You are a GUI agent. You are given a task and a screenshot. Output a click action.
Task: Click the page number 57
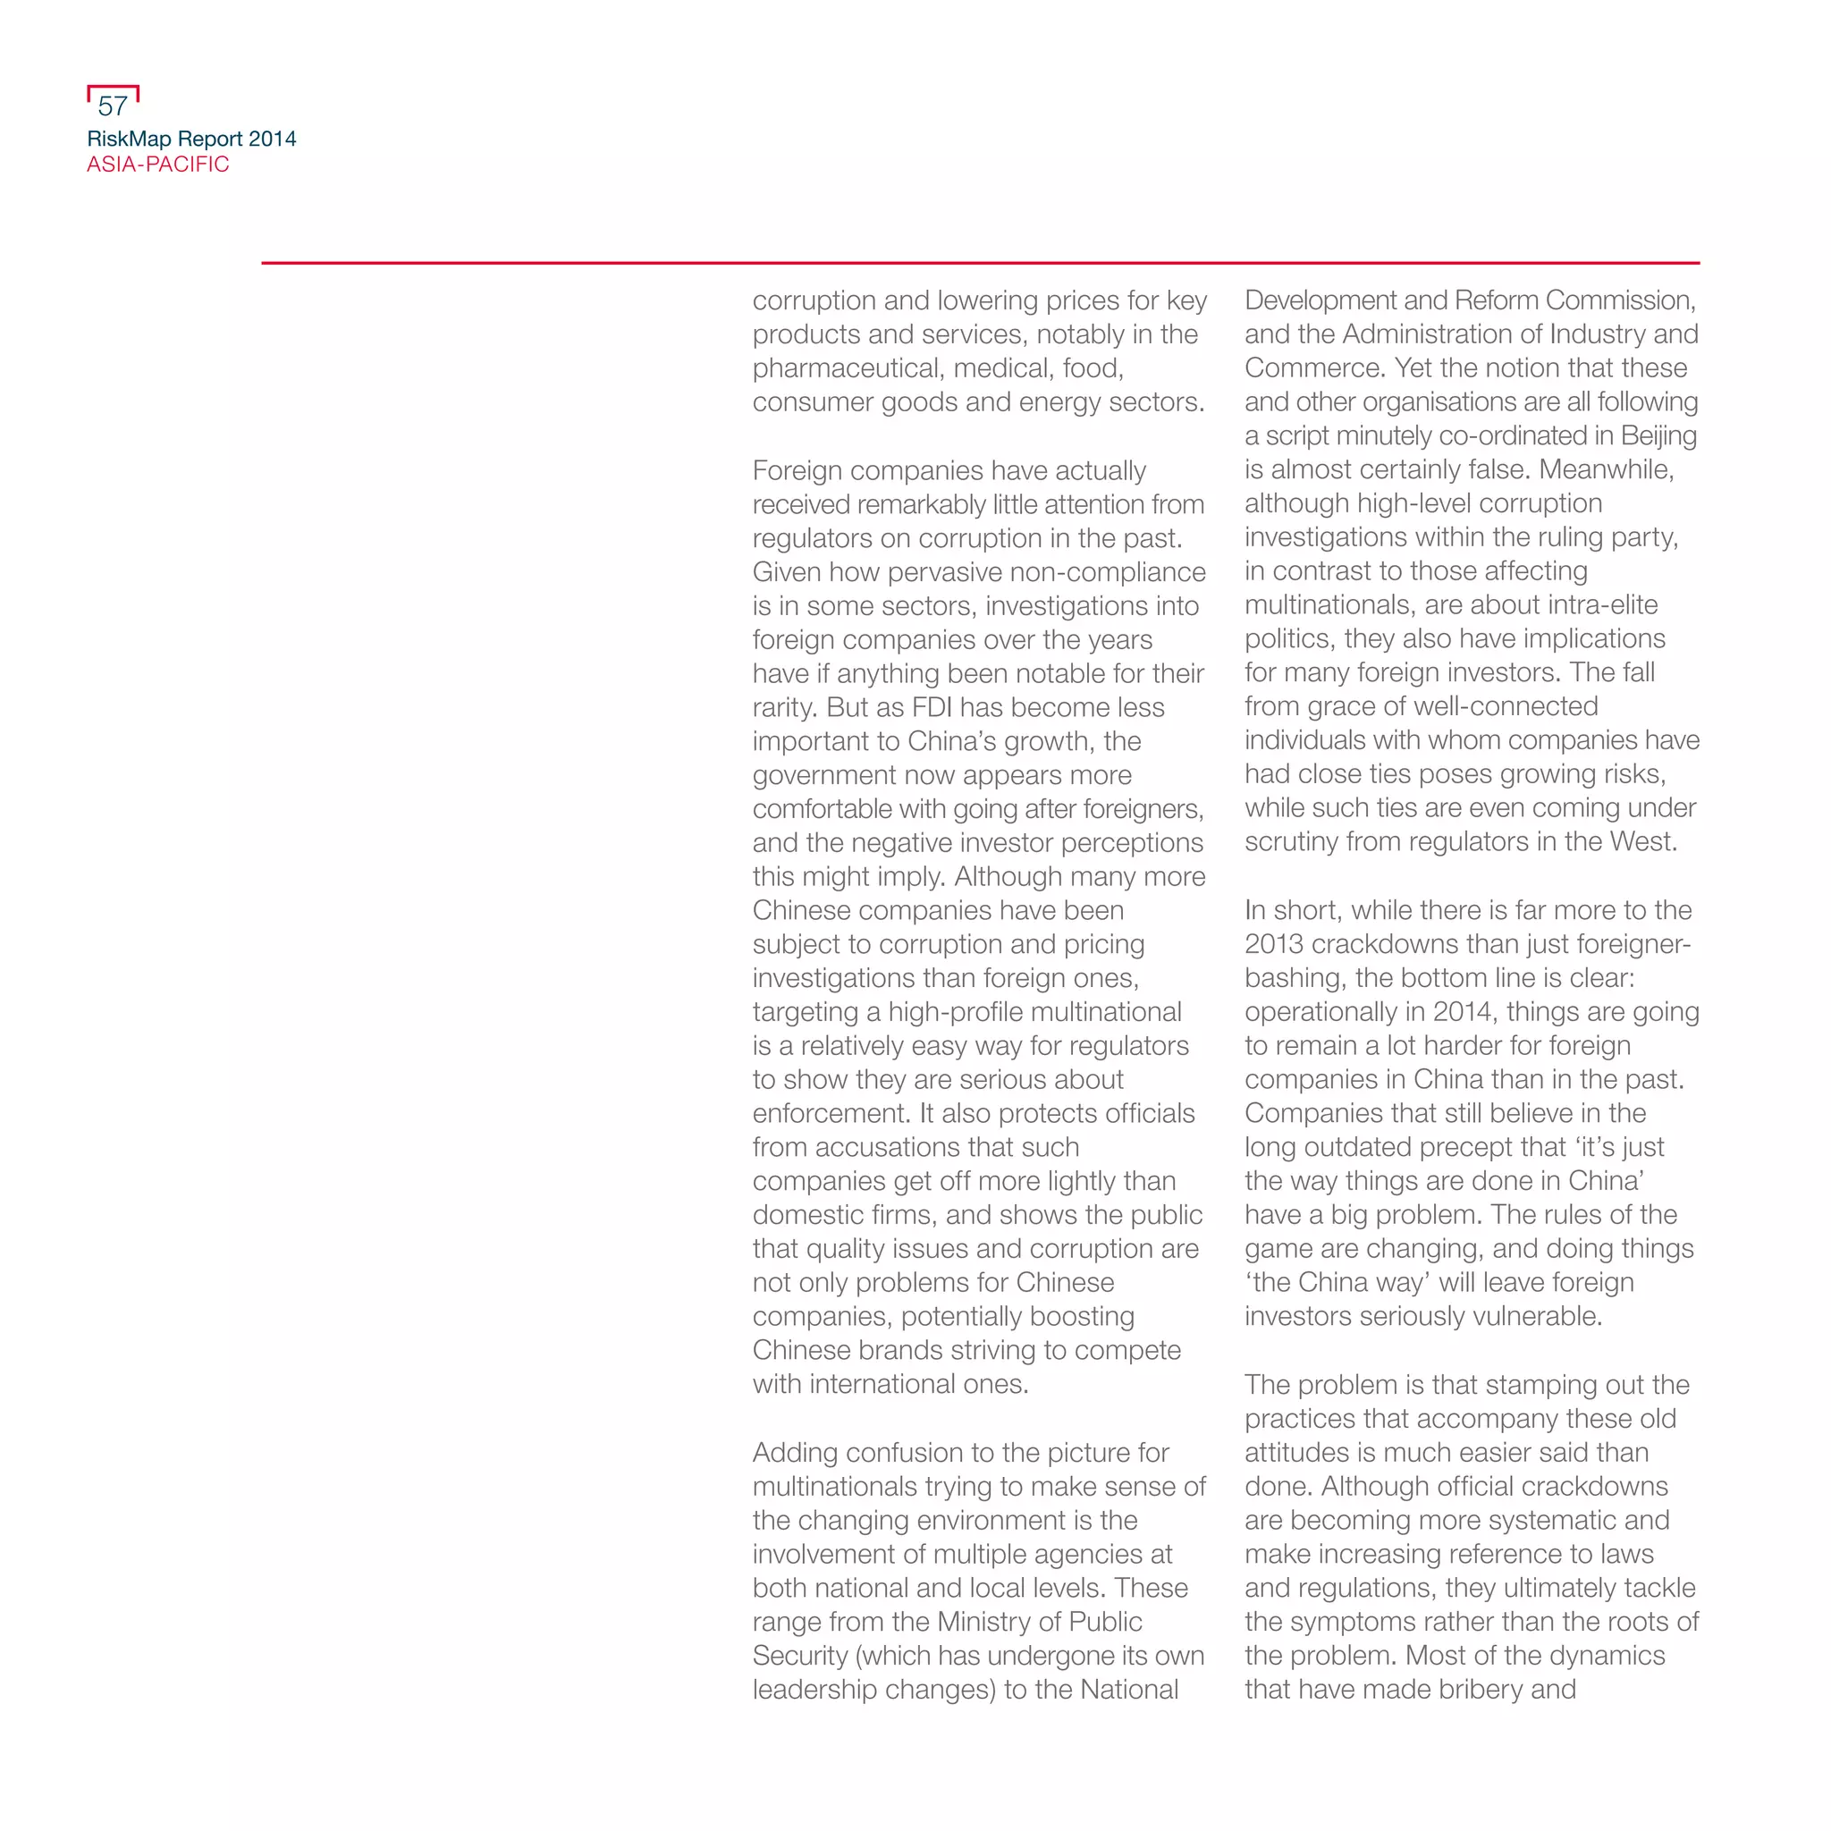(x=113, y=106)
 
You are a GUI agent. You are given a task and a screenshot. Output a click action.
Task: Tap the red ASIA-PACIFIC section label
(x=158, y=165)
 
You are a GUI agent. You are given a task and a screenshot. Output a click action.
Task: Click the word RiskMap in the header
(x=129, y=139)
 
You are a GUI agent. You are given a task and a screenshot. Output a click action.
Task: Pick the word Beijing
(x=1658, y=436)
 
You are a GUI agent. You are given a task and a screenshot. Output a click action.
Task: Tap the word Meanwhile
(x=1606, y=470)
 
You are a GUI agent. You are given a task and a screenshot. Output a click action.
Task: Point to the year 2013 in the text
(x=1274, y=944)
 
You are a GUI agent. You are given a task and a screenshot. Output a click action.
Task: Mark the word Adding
(x=794, y=1453)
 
